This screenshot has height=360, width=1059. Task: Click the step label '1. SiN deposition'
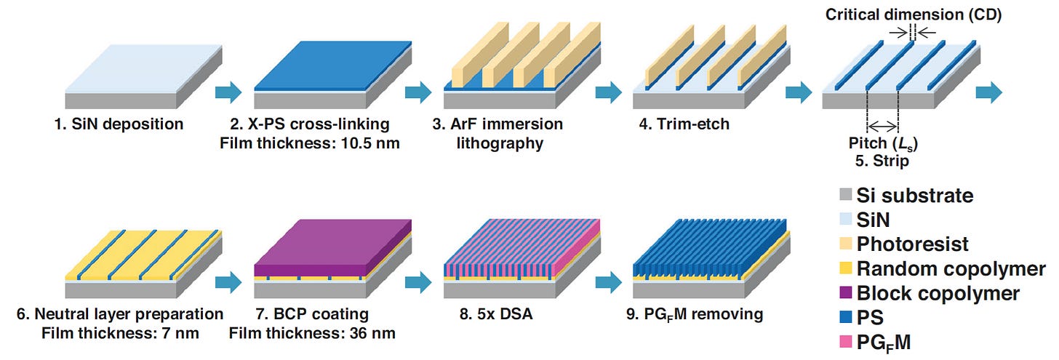click(x=119, y=124)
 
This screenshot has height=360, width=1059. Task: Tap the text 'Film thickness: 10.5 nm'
click(x=309, y=143)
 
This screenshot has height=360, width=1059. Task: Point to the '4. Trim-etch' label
click(x=684, y=124)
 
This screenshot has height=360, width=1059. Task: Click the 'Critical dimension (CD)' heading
click(x=913, y=15)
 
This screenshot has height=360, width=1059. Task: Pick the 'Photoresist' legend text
click(x=913, y=244)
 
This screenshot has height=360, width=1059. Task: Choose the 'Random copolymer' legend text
click(x=951, y=268)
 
